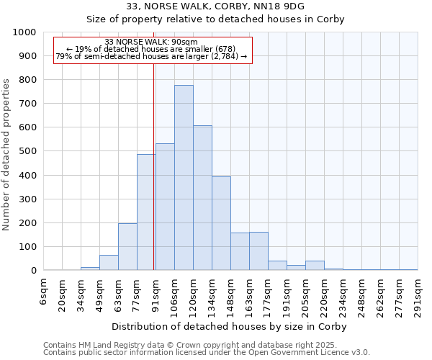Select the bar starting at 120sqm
click(x=202, y=198)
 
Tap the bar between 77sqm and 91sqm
click(x=146, y=212)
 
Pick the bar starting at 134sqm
click(x=221, y=223)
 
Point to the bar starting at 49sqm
click(x=109, y=263)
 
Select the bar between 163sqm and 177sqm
click(x=258, y=251)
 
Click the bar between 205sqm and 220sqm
click(x=315, y=266)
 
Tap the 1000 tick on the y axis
click(x=24, y=32)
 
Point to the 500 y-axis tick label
click(x=27, y=151)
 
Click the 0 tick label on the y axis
click(x=34, y=271)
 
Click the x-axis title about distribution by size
click(x=230, y=327)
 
